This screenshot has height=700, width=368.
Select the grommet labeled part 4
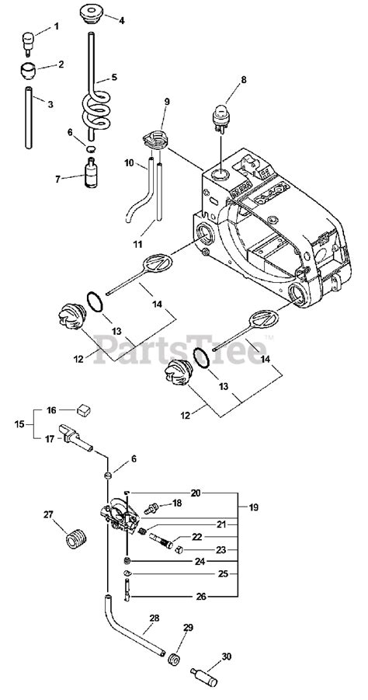click(92, 15)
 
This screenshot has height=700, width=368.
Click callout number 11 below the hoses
click(137, 244)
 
